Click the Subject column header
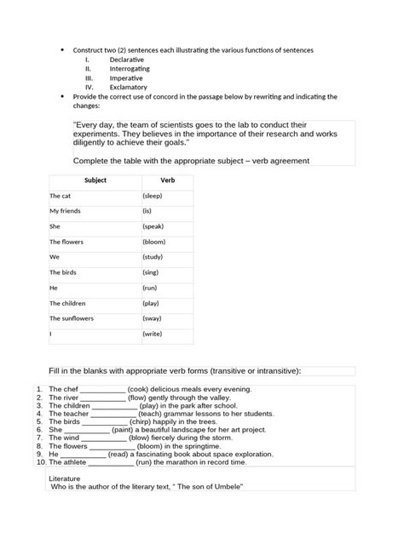click(95, 180)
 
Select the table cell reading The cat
click(61, 196)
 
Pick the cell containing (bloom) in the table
click(154, 242)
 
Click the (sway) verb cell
click(153, 318)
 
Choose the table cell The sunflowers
click(72, 318)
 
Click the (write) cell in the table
click(153, 334)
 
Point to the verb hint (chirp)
click(144, 421)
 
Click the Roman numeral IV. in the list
click(89, 87)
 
